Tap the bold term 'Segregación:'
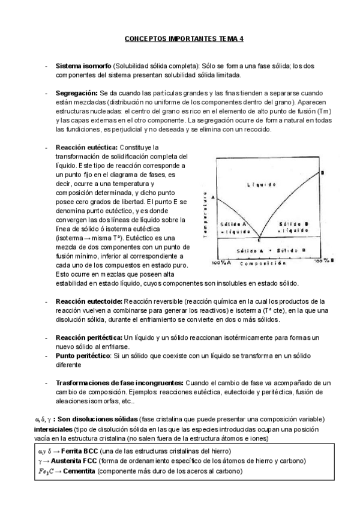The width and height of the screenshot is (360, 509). coord(77,94)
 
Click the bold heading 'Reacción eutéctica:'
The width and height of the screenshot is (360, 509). coord(88,147)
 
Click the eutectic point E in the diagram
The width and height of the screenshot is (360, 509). coord(259,239)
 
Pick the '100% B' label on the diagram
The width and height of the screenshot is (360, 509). coord(321,261)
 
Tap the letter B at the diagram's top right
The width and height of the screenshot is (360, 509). coord(322,173)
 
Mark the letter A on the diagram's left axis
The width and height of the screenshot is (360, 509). coord(213,197)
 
